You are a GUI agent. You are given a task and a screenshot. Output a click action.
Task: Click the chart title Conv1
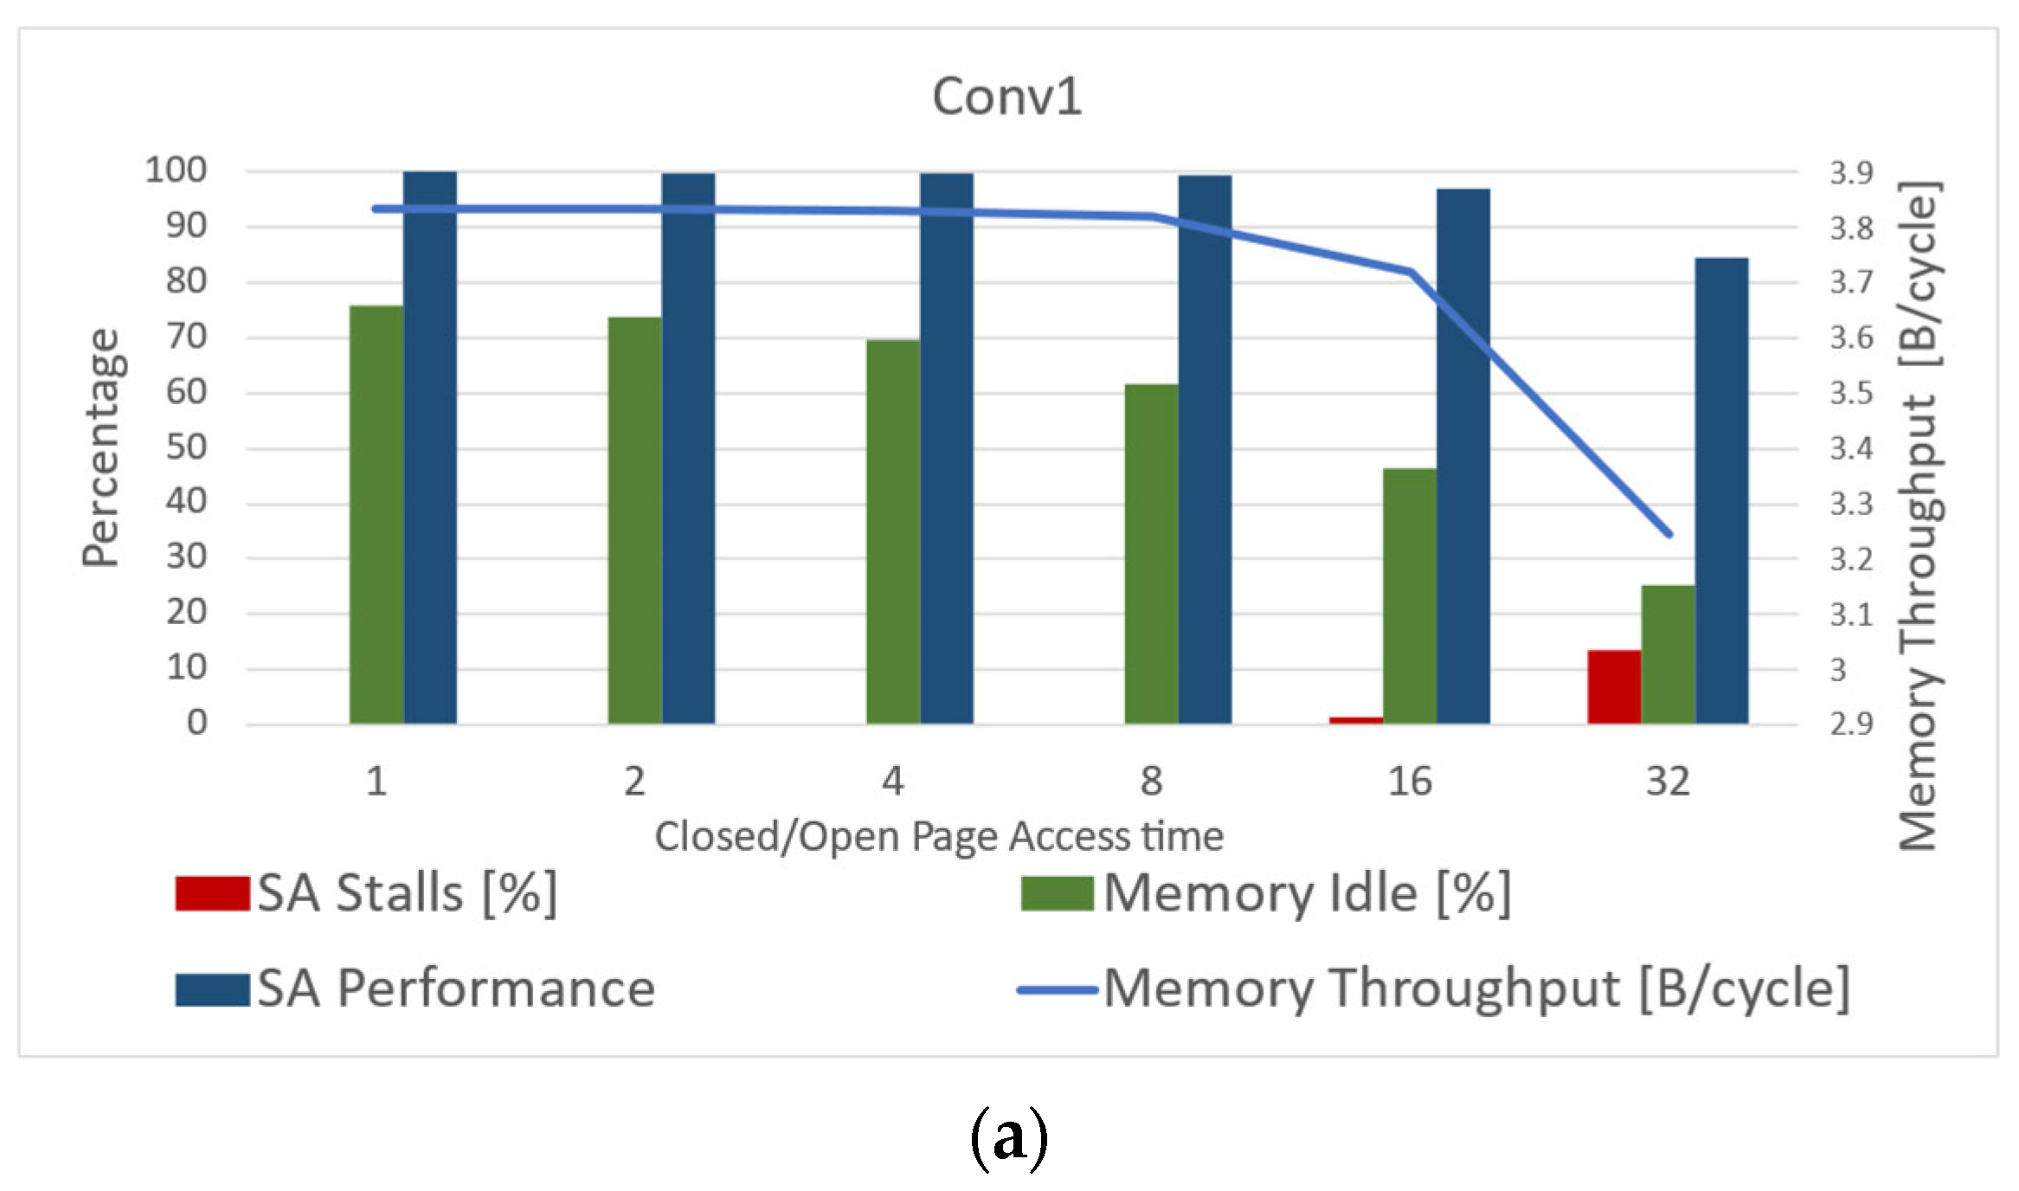click(1006, 96)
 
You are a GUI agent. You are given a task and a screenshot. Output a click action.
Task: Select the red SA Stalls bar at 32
click(1614, 686)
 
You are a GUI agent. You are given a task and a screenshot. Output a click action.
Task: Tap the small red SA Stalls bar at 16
click(1356, 719)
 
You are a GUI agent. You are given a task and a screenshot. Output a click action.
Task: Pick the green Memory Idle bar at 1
click(376, 514)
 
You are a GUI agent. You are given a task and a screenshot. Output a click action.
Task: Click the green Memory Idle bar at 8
click(1151, 554)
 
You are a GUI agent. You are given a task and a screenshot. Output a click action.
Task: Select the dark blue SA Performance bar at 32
click(1721, 490)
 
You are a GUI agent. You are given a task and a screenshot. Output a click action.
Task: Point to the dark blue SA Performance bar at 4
click(946, 447)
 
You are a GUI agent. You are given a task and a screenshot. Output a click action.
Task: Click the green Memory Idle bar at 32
click(1668, 654)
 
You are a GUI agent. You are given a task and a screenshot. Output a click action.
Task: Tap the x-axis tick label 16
click(1410, 782)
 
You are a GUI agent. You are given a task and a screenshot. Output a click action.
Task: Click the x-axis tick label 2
click(634, 782)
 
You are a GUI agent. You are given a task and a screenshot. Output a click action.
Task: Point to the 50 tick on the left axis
click(186, 447)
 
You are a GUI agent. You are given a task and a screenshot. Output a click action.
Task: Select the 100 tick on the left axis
click(176, 171)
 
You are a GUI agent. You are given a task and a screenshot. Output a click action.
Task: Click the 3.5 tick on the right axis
click(1851, 393)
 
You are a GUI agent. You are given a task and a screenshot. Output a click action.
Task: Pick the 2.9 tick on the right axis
click(1851, 724)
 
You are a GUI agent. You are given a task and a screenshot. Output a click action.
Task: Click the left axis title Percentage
click(101, 447)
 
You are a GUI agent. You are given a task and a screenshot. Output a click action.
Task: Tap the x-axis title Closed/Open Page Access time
click(939, 837)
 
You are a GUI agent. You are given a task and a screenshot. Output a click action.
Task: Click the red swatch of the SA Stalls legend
click(212, 893)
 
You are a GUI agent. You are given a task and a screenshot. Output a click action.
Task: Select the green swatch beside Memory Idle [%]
click(1057, 893)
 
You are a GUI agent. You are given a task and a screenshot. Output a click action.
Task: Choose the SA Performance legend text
click(456, 988)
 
